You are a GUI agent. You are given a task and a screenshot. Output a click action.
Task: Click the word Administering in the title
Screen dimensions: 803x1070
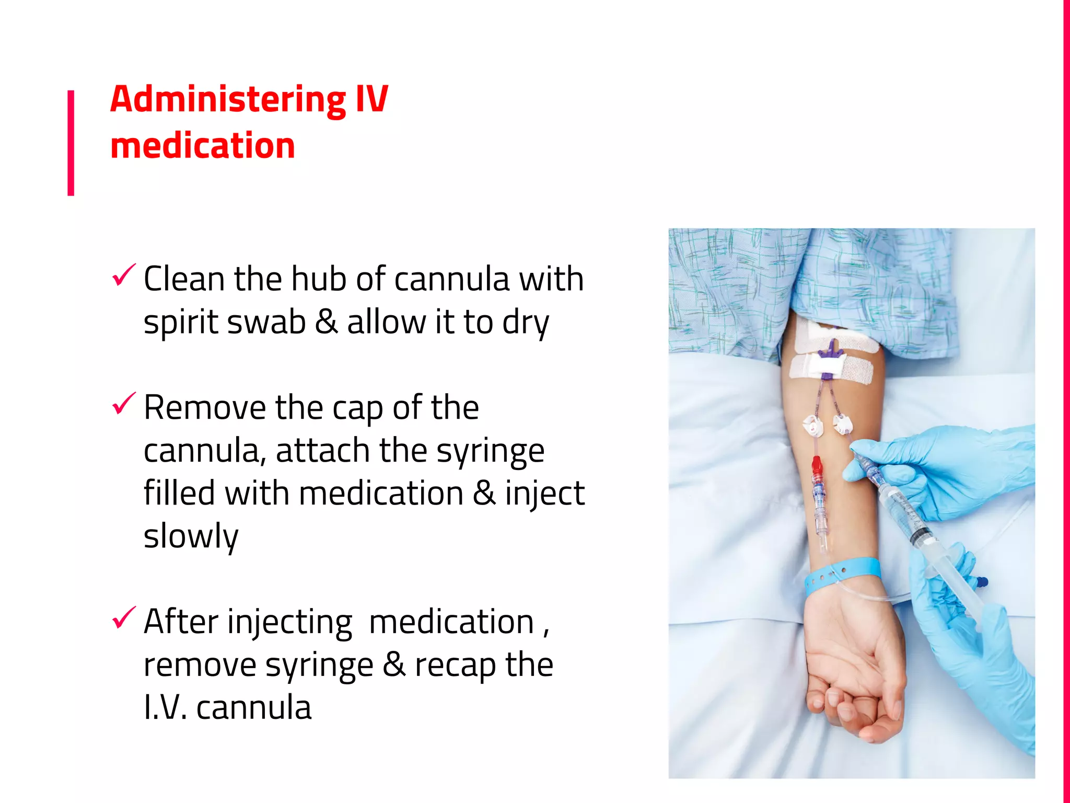point(228,99)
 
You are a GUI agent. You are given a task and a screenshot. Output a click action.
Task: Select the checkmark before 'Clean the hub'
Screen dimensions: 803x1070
point(124,275)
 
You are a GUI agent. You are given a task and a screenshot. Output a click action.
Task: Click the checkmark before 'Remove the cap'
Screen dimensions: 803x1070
point(124,404)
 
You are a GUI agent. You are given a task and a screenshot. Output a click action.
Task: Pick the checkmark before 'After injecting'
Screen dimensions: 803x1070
point(124,618)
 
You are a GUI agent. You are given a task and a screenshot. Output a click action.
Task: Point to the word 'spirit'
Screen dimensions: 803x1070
point(181,322)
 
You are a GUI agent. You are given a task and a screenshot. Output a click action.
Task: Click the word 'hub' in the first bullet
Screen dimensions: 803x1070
point(319,279)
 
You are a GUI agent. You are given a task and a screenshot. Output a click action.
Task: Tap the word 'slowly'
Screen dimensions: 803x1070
point(191,536)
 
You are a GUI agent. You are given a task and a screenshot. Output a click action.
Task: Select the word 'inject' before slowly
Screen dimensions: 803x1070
point(544,494)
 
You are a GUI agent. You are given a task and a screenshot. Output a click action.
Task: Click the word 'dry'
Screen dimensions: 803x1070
point(526,323)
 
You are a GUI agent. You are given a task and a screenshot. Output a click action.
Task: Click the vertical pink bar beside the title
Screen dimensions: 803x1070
point(71,143)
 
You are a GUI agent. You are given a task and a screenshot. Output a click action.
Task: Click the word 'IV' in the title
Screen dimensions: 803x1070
point(371,99)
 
